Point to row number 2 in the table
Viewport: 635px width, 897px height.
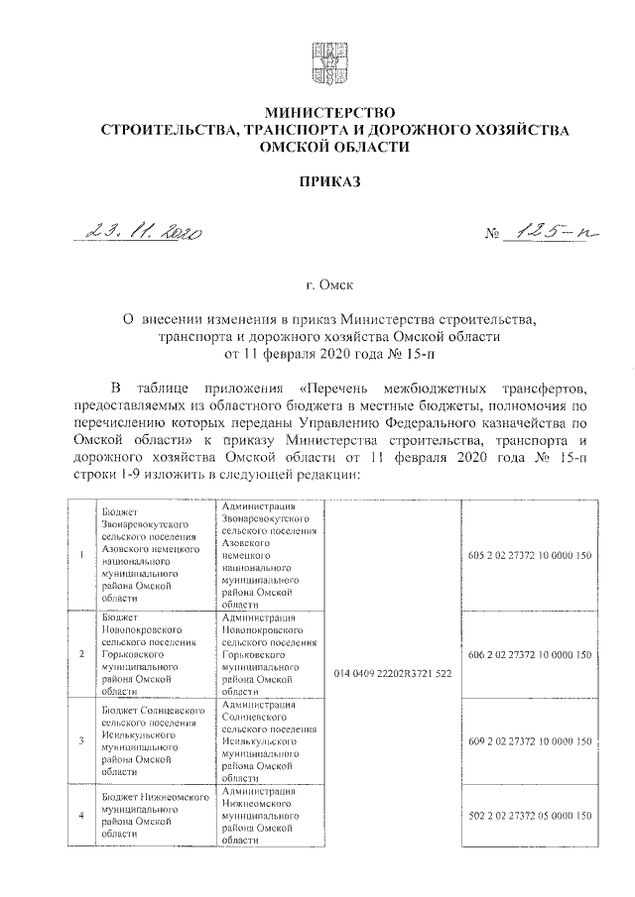tap(80, 655)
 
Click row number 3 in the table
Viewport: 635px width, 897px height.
tap(80, 741)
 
